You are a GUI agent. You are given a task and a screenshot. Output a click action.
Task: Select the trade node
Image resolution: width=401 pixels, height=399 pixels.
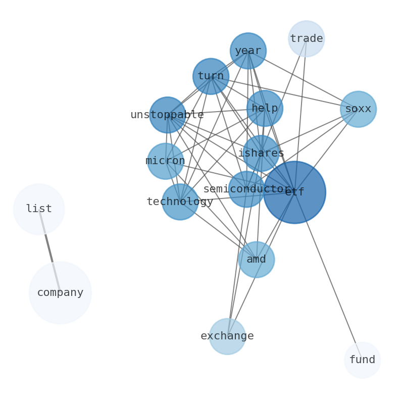click(x=306, y=39)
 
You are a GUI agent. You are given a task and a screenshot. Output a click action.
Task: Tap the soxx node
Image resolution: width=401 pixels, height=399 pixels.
click(x=358, y=109)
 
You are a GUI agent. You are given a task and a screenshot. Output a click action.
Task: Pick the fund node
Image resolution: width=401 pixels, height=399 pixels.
click(x=362, y=360)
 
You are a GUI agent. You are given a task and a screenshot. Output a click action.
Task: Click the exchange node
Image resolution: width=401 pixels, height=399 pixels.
click(x=227, y=336)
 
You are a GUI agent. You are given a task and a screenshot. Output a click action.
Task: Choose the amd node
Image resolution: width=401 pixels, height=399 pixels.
click(x=256, y=260)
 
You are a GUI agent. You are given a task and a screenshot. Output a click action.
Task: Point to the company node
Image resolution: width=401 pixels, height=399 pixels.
click(x=60, y=292)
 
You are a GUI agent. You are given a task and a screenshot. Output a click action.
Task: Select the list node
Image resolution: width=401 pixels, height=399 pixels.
click(x=39, y=209)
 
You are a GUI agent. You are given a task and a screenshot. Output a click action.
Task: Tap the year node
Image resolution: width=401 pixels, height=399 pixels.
click(x=248, y=51)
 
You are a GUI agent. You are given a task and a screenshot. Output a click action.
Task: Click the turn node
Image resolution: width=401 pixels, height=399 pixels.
click(x=211, y=76)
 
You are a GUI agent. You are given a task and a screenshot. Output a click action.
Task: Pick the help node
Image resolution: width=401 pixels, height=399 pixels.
click(x=265, y=108)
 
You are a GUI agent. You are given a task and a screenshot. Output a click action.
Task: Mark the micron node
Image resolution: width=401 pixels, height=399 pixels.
click(x=165, y=161)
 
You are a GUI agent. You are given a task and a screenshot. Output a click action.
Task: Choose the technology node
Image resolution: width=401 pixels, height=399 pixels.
click(x=180, y=202)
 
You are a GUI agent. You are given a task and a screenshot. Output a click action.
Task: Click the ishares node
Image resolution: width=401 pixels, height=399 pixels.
click(x=261, y=153)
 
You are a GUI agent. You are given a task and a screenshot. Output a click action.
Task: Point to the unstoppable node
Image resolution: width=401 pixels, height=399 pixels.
click(x=167, y=115)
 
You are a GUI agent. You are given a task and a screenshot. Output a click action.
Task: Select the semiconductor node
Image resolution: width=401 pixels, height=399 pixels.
click(x=246, y=189)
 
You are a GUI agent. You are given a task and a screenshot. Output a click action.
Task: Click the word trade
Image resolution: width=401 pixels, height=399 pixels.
click(x=306, y=39)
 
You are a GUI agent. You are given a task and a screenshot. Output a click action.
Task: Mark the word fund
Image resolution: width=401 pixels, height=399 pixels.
click(x=362, y=360)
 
